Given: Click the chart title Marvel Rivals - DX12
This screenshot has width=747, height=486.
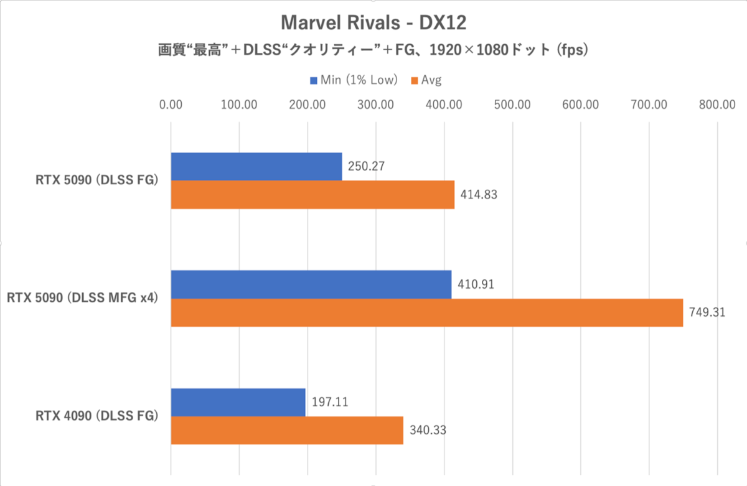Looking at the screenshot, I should (374, 23).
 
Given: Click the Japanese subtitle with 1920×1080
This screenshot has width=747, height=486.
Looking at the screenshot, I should (374, 50).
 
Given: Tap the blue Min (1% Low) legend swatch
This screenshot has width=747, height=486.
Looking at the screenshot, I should (314, 80).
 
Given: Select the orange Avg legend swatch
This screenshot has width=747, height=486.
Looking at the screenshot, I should (414, 80).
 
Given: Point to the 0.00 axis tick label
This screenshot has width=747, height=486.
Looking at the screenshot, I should (171, 104).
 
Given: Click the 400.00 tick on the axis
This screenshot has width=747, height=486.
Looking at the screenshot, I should (444, 104).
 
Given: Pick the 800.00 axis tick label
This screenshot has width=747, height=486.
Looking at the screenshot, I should (717, 104).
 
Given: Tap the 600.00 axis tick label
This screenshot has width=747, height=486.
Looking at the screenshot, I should (581, 104).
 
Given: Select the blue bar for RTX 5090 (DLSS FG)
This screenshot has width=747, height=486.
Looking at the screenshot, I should (256, 167).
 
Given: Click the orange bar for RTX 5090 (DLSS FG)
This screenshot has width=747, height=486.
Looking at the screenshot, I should (312, 195).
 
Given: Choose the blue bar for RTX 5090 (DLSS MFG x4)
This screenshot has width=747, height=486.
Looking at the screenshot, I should (311, 284).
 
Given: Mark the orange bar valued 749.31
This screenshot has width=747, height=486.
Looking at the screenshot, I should (426, 312).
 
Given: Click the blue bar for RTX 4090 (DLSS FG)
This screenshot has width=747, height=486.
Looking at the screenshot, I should (238, 402).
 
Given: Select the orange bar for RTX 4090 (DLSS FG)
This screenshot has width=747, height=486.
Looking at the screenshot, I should (287, 430).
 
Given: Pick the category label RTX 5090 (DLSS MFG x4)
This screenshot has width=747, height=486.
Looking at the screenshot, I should (82, 298).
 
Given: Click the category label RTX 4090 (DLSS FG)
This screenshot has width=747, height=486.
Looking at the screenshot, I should (96, 416).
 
